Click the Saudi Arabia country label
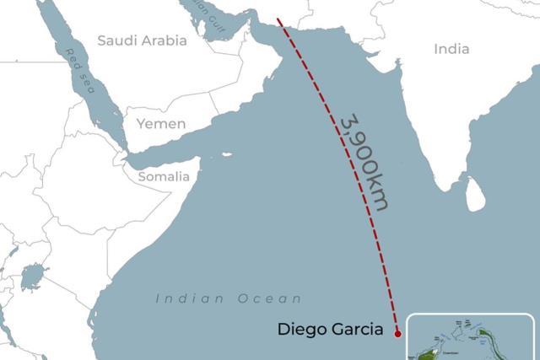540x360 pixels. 142,40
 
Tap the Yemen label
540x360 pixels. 160,124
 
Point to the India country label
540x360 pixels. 451,49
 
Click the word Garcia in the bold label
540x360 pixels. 359,330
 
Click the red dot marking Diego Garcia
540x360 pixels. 397,333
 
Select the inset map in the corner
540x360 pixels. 471,337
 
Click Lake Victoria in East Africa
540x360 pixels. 34,276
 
